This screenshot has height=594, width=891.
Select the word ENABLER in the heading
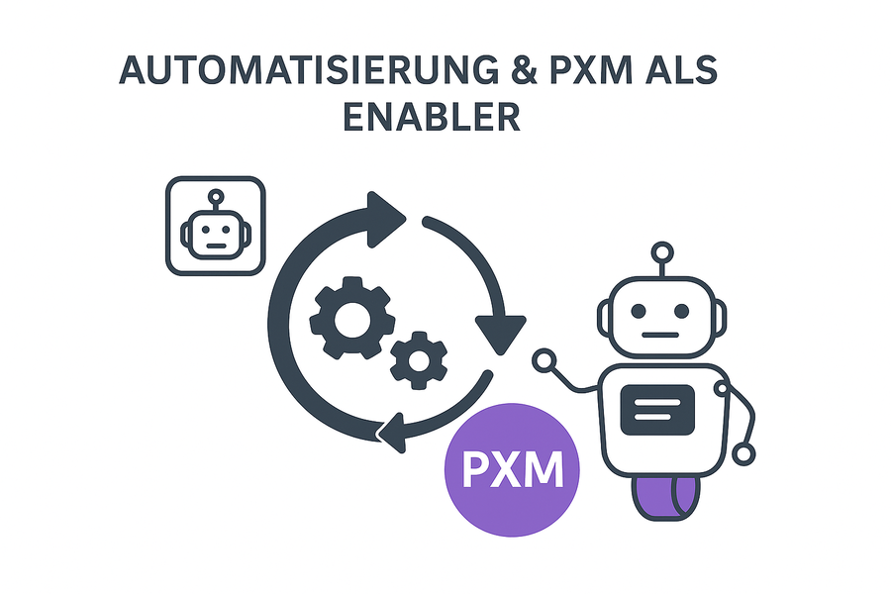[x=431, y=116]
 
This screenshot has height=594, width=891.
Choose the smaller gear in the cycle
[x=418, y=359]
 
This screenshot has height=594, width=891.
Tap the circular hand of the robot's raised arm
[x=543, y=360]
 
